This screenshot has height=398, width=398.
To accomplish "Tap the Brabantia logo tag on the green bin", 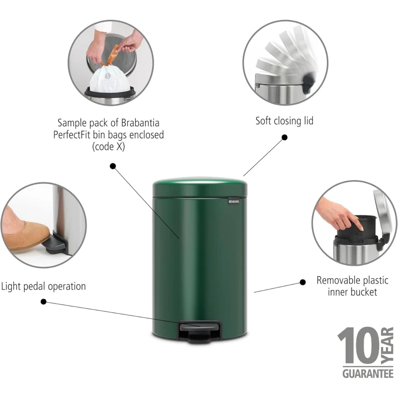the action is click(233, 201).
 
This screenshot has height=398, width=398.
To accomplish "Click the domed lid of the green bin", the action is click(200, 187).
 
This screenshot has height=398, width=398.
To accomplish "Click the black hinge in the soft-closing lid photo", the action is click(308, 83).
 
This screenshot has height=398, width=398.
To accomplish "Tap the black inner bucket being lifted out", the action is click(357, 228).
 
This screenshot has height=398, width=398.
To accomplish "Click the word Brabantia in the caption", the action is click(140, 123).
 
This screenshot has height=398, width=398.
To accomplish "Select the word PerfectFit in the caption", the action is click(72, 135).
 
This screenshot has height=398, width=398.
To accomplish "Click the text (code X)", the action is click(108, 146).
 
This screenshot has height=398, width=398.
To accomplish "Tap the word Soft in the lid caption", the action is click(264, 121).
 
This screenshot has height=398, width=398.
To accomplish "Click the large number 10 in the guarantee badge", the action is click(358, 346).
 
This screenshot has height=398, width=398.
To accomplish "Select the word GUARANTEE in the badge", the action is click(368, 374).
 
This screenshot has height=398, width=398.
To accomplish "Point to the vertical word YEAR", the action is click(388, 346).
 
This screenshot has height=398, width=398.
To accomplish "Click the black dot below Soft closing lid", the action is click(285, 137).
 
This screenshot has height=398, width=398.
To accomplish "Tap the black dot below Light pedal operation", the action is click(43, 301).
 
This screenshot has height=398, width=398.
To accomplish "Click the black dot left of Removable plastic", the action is click(302, 282).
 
